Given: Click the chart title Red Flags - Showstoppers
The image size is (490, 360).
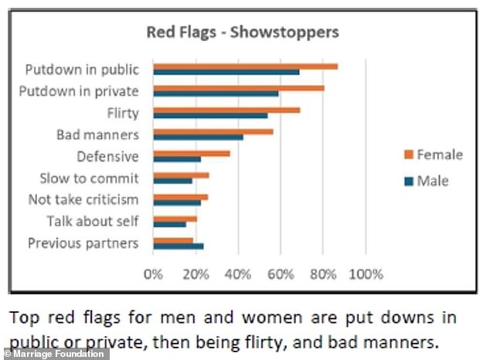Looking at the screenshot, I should [x=243, y=33].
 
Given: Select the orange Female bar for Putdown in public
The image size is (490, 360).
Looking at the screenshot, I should [x=245, y=66].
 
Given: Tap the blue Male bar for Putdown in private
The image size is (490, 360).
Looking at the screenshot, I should [x=216, y=93].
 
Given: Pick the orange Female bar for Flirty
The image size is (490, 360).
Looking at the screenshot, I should [x=226, y=110].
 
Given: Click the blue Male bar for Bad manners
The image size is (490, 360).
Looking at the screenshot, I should [x=198, y=138].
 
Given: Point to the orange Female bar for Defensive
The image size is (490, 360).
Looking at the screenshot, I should [x=192, y=153].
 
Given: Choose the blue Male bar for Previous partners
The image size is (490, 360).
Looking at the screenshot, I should [x=179, y=246].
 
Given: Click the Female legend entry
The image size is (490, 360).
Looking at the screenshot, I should [x=431, y=155].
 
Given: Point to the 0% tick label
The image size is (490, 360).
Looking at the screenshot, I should [x=154, y=273].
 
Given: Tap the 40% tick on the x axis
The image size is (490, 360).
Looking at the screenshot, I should [x=238, y=273].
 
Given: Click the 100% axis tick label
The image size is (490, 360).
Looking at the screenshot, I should [x=366, y=273].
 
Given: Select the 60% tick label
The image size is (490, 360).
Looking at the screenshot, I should [x=281, y=273].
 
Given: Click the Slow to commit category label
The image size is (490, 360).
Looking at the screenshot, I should [x=89, y=178].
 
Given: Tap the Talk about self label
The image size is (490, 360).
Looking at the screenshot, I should [x=93, y=222].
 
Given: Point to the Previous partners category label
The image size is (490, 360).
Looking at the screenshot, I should [x=83, y=243].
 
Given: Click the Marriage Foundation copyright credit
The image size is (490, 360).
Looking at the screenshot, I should [x=54, y=354].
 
